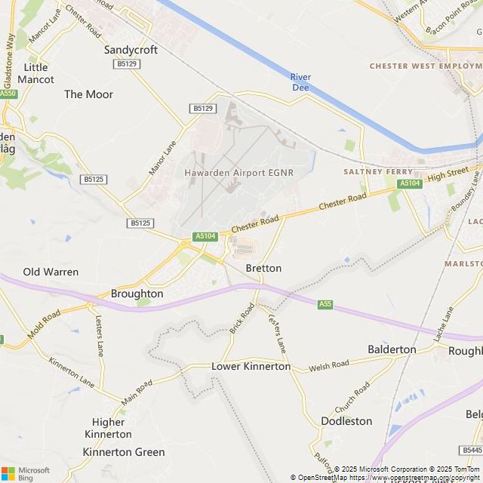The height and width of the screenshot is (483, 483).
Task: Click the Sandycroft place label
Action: (x=131, y=50)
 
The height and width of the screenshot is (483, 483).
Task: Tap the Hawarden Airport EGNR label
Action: (x=238, y=172)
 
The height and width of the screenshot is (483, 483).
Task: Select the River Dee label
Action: (x=300, y=82)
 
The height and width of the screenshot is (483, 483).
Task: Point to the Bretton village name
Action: (x=263, y=268)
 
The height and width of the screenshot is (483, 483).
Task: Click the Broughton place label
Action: (x=137, y=294)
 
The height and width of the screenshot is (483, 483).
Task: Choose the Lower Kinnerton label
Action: (x=251, y=366)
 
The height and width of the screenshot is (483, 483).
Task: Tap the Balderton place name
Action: (x=392, y=349)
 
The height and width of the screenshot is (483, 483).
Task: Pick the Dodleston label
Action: (x=346, y=420)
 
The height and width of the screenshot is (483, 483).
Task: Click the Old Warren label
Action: (x=51, y=272)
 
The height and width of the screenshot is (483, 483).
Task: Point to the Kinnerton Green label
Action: (x=123, y=452)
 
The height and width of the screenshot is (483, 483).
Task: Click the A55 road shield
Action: (x=325, y=304)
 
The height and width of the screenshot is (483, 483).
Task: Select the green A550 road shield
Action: (x=8, y=94)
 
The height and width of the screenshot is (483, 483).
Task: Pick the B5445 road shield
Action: (x=471, y=451)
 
